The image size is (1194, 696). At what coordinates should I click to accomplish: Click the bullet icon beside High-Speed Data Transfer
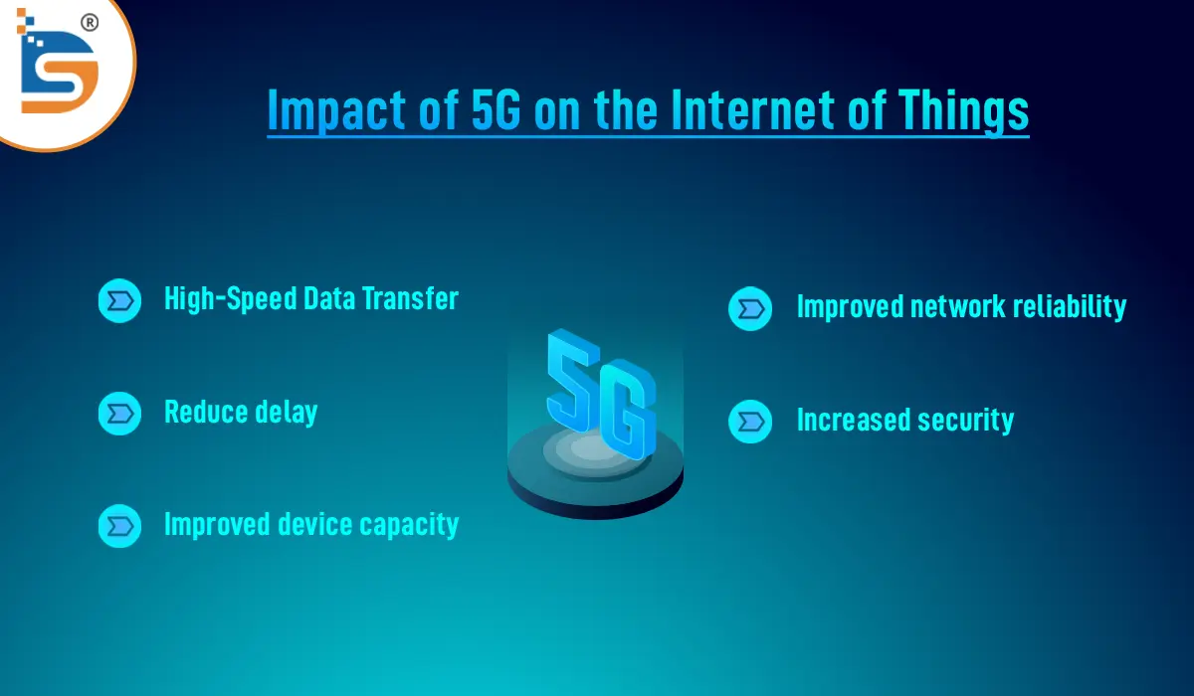[x=119, y=299]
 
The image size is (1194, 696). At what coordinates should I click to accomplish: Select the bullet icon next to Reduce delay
[x=119, y=413]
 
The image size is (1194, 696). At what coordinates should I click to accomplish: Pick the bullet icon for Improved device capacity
[x=119, y=525]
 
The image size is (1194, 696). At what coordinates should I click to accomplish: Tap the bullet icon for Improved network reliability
[x=750, y=308]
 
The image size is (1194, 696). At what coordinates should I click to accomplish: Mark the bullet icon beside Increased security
[x=750, y=421]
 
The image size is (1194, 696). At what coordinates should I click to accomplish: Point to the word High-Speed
[x=231, y=299]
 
